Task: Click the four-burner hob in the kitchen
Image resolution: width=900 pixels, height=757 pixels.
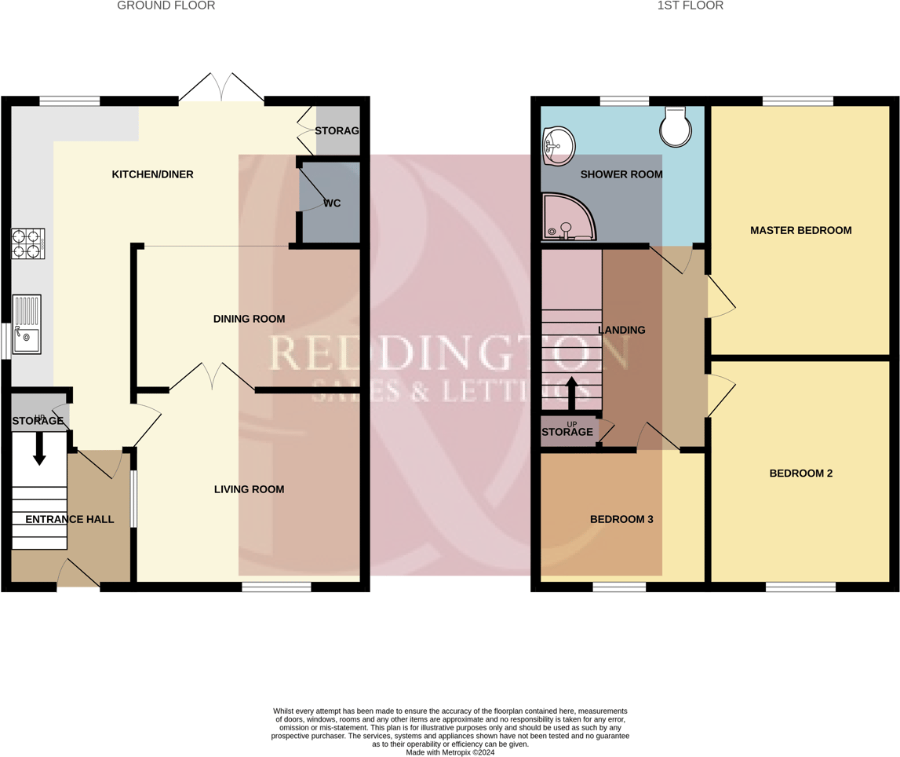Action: coord(27,243)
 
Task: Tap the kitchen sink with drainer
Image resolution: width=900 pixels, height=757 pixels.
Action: coord(27,324)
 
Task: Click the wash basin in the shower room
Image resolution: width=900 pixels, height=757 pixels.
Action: coord(558,147)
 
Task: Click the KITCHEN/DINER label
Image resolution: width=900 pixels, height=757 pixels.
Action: coord(152,174)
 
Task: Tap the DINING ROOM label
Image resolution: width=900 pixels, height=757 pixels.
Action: coord(249,319)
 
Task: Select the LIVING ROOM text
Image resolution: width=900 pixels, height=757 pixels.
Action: coord(249,489)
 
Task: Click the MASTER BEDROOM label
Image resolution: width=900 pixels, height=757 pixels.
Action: coord(800,230)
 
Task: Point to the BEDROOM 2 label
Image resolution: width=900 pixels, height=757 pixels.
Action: coord(800,474)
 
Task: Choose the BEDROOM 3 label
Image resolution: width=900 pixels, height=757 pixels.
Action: coord(621,519)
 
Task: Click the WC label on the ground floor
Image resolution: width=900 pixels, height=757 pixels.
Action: coord(332,203)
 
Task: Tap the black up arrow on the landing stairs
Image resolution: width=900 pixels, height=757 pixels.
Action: coord(571,393)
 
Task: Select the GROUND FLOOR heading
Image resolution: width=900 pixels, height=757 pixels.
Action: coord(166,5)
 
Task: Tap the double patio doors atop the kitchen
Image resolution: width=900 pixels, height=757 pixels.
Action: coord(221,88)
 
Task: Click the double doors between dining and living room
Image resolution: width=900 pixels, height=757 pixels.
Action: coord(212,377)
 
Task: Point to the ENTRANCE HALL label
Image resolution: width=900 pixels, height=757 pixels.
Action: coord(69,519)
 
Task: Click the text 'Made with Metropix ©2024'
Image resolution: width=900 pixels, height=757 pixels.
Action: coord(450,752)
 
